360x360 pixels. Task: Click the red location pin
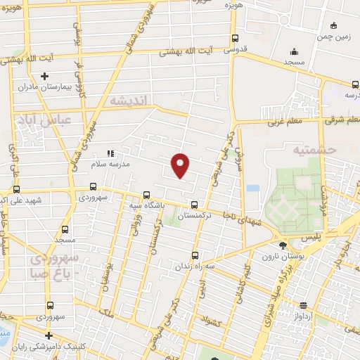[x=181, y=165]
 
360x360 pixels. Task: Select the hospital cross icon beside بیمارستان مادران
[x=44, y=76]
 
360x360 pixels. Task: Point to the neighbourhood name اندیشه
[x=129, y=101]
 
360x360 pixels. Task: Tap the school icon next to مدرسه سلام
[x=110, y=153]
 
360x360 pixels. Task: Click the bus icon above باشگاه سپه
[x=146, y=194]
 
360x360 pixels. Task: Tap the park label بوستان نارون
[x=283, y=256]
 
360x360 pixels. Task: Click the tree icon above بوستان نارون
[x=283, y=245]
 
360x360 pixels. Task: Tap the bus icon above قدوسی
[x=234, y=39]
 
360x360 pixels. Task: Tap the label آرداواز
[x=317, y=316]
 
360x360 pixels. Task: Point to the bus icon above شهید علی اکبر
[x=15, y=189]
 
